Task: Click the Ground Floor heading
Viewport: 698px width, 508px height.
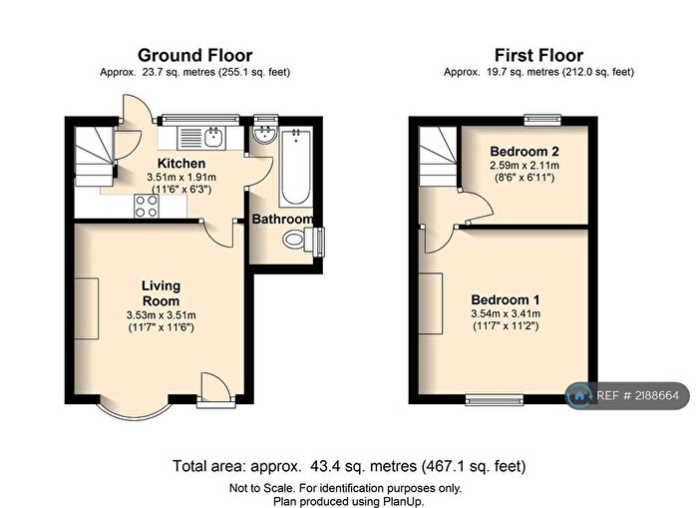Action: pos(194,55)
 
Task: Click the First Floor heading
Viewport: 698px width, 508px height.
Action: pos(538,55)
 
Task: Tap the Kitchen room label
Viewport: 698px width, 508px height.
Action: pos(181,163)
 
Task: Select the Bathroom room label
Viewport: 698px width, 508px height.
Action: pos(282,219)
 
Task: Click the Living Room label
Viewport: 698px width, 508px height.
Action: pos(161,292)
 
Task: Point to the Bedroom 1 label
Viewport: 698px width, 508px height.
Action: pos(505,299)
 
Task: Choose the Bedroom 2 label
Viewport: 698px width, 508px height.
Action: pos(524,151)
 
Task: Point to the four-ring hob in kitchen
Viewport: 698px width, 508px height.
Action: pos(146,206)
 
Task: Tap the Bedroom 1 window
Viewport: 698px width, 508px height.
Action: pos(489,401)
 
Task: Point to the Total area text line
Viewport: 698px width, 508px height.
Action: pos(349,466)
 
